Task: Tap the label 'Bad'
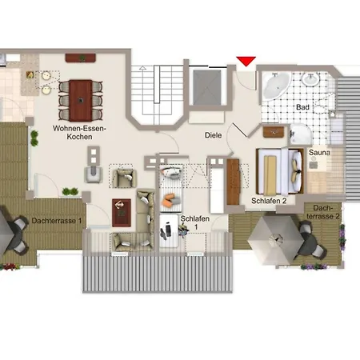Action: [302, 106]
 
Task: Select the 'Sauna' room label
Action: [320, 150]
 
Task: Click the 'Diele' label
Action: [213, 136]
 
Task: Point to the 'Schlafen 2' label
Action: [269, 201]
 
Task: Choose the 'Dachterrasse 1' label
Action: [57, 221]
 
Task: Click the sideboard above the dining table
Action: [81, 58]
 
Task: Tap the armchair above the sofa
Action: [124, 177]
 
